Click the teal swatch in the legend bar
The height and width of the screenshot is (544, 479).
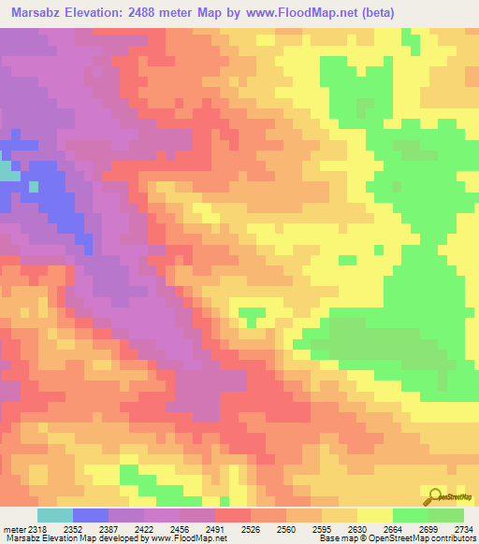click(x=55, y=516)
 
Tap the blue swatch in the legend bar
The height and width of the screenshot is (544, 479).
click(x=91, y=516)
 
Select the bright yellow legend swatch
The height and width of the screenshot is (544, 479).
click(x=375, y=516)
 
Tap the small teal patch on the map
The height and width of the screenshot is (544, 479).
click(x=8, y=172)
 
